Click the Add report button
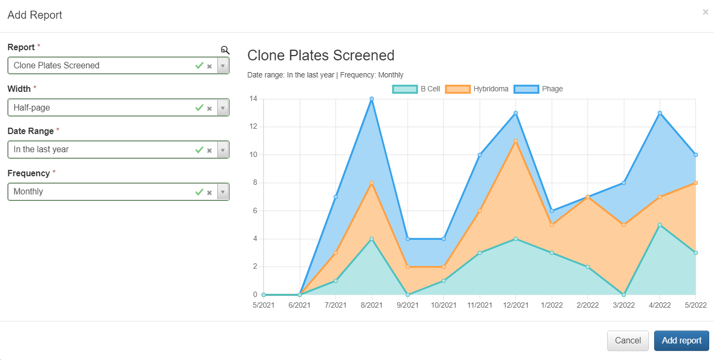click(x=681, y=341)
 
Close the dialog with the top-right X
click(x=705, y=12)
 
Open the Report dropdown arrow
click(x=223, y=66)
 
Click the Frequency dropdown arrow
click(x=223, y=192)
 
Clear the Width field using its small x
click(x=209, y=108)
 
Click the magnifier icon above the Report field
click(x=225, y=50)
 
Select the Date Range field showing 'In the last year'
click(x=101, y=150)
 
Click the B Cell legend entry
click(x=417, y=89)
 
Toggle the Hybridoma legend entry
click(x=477, y=89)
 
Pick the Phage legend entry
click(x=538, y=89)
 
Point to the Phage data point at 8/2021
click(x=372, y=99)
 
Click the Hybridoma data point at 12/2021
click(x=515, y=141)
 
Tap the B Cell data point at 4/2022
click(x=660, y=225)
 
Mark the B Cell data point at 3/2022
click(x=624, y=294)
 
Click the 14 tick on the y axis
click(x=253, y=99)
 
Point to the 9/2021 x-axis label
click(x=407, y=306)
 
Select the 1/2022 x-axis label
click(x=552, y=306)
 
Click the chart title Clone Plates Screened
click(x=320, y=56)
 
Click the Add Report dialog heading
click(x=35, y=15)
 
